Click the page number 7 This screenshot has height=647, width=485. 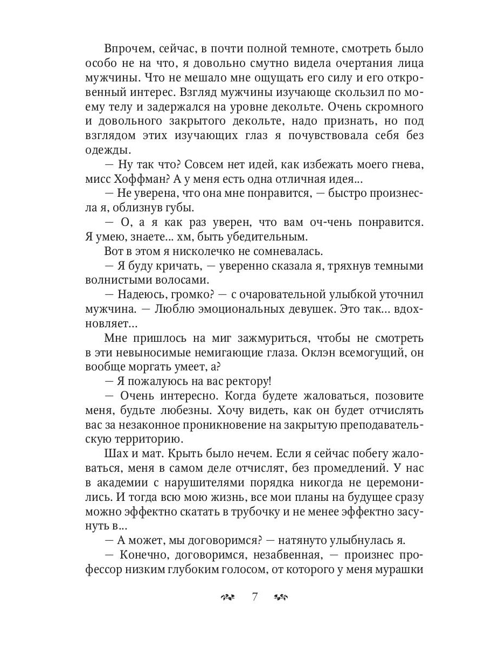tap(255, 596)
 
